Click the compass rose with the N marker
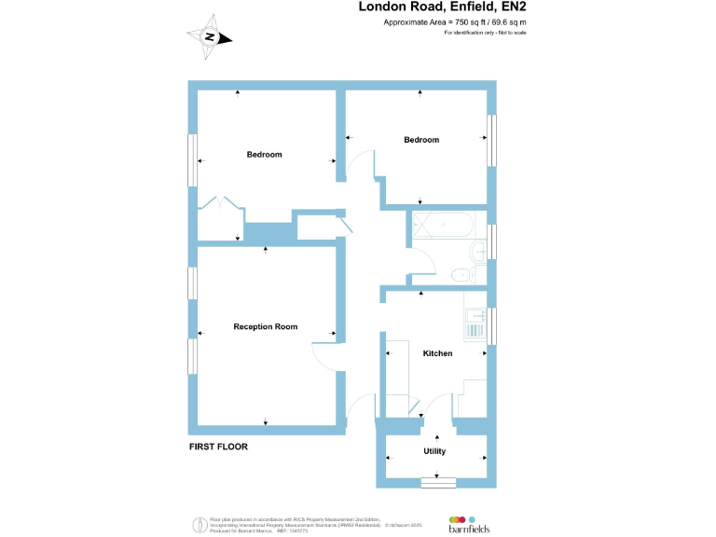click(212, 37)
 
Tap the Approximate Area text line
click(455, 21)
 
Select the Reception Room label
click(266, 326)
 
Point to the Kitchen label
click(437, 353)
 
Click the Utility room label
click(434, 451)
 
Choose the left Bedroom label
click(264, 154)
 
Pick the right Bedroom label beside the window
click(420, 140)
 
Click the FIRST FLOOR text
click(218, 447)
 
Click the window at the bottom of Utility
click(438, 482)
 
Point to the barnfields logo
click(470, 523)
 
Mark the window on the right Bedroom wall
click(492, 142)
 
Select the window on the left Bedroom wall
click(193, 160)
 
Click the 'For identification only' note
click(485, 33)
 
